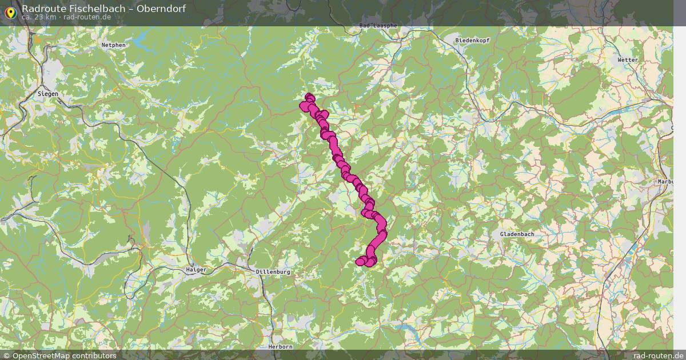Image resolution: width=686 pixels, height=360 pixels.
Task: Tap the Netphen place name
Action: tap(113, 45)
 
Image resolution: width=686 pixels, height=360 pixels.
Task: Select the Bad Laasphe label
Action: tap(378, 26)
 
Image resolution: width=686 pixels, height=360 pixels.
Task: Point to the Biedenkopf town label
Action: tap(473, 41)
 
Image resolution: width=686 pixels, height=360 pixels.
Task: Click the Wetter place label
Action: tap(627, 59)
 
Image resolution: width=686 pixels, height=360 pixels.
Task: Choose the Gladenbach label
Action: tap(516, 235)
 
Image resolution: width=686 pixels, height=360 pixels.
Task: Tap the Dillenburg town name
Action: tap(273, 272)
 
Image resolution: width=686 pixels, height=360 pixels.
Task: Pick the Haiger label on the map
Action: tap(196, 269)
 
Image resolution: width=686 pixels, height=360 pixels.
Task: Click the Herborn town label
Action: tap(280, 346)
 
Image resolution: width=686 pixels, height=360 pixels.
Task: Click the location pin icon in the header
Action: tap(10, 11)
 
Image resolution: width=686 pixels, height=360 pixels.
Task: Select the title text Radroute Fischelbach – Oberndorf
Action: tap(103, 9)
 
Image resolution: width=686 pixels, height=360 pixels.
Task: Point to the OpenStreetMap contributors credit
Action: tap(63, 355)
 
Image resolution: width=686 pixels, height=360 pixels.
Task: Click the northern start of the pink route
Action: tap(309, 97)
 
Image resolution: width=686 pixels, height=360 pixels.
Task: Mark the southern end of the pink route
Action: tap(360, 262)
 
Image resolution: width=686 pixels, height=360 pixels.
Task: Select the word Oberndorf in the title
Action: tap(161, 9)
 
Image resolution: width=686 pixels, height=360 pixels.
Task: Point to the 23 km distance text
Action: tap(38, 17)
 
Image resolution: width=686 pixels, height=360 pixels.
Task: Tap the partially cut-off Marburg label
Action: tap(667, 182)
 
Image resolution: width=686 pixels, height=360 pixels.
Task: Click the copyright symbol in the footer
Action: tap(6, 355)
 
